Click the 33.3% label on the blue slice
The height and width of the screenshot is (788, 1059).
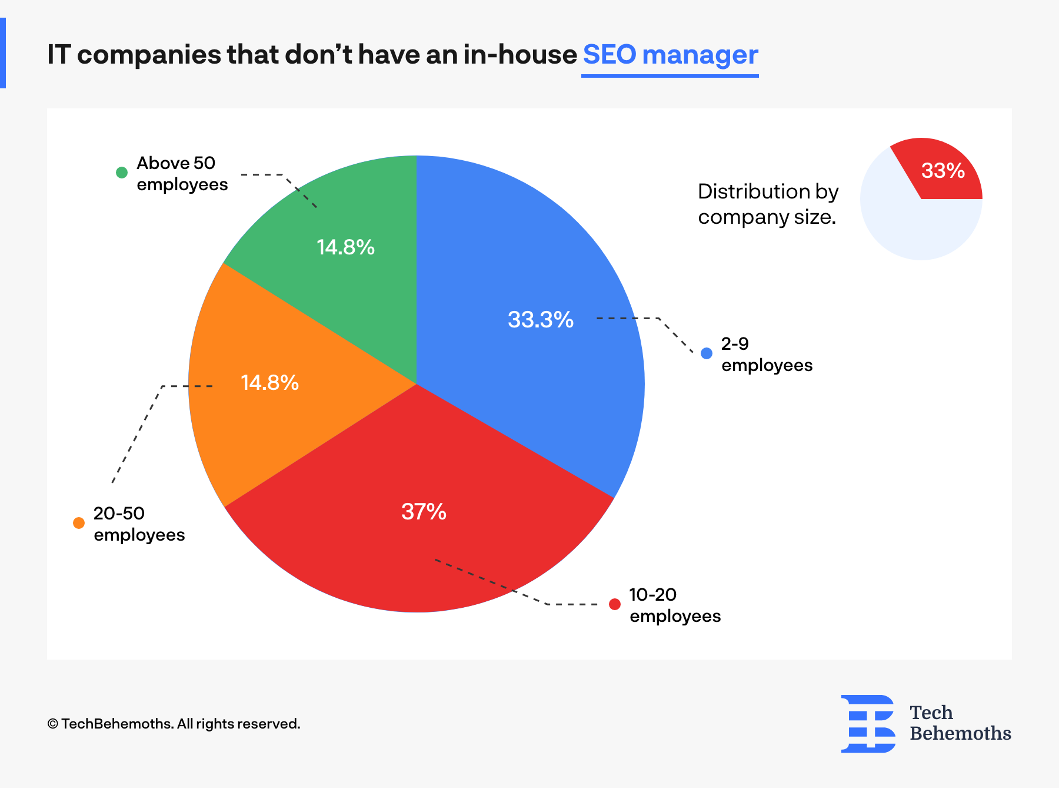(540, 320)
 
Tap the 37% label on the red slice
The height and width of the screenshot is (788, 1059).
(424, 511)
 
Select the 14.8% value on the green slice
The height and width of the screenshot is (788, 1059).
(345, 247)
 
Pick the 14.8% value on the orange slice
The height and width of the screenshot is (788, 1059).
(269, 383)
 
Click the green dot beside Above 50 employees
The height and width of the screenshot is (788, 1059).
(122, 173)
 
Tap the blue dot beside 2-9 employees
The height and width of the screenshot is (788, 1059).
(707, 353)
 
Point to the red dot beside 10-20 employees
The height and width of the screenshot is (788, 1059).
(615, 604)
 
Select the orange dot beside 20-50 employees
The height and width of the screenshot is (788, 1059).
(79, 523)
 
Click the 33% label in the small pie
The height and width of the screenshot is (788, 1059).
(943, 171)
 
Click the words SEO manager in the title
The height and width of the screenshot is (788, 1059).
(670, 55)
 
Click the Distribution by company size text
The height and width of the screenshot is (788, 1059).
(767, 204)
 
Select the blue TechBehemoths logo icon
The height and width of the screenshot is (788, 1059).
(868, 723)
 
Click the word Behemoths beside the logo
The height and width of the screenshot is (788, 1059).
(960, 733)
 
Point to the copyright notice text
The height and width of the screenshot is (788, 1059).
(174, 724)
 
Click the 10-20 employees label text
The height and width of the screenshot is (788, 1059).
(675, 605)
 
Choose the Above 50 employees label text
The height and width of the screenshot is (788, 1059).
(182, 173)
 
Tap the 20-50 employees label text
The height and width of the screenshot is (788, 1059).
(139, 524)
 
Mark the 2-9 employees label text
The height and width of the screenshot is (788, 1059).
(767, 354)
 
